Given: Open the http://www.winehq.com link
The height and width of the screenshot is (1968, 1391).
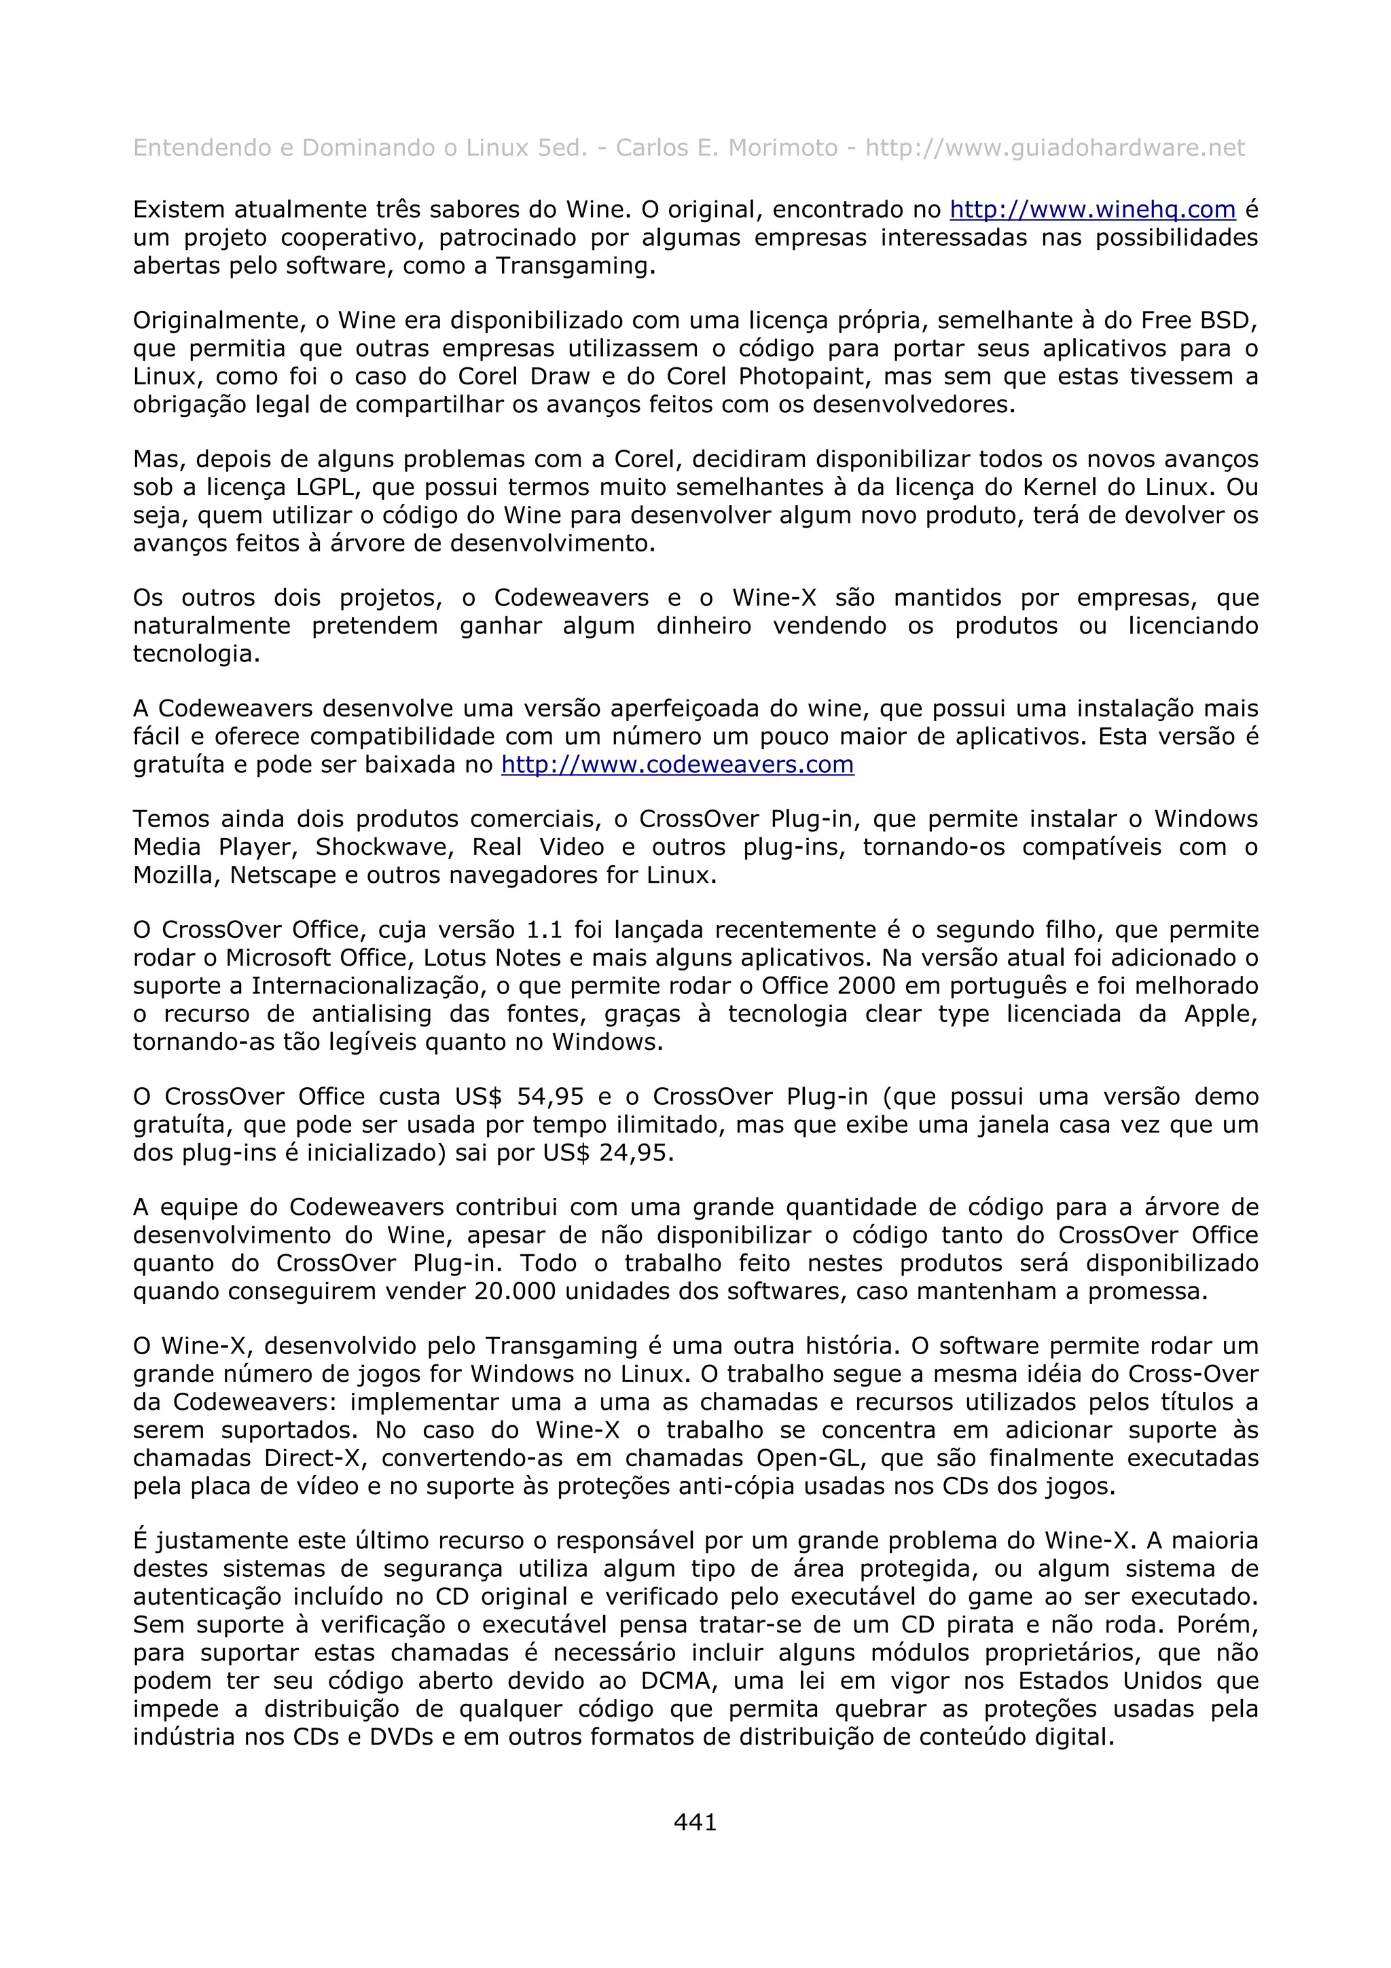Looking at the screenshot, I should [x=1092, y=210].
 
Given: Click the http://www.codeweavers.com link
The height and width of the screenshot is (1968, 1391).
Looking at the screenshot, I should [x=677, y=765].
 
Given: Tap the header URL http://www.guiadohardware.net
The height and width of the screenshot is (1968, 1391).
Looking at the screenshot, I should [x=1054, y=148].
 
